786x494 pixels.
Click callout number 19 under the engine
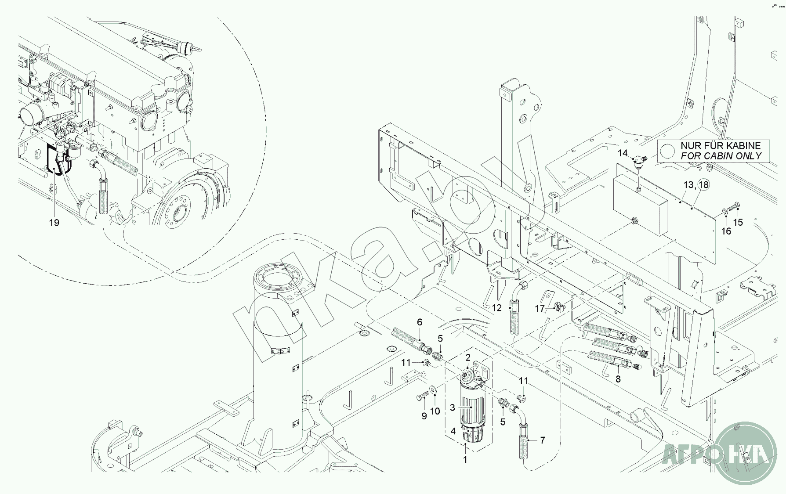click(x=54, y=223)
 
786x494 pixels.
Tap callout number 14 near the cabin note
click(x=623, y=153)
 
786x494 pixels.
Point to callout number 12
click(x=496, y=308)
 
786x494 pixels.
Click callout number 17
click(x=540, y=309)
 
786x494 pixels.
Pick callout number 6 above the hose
click(x=420, y=322)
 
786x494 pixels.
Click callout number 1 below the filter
click(x=465, y=460)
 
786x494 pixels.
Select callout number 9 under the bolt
click(x=424, y=416)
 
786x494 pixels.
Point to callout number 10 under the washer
click(x=435, y=411)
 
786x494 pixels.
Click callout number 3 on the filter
click(x=453, y=408)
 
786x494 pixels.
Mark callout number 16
click(x=727, y=231)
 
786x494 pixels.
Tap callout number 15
click(x=738, y=223)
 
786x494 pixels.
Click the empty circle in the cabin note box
click(x=667, y=151)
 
